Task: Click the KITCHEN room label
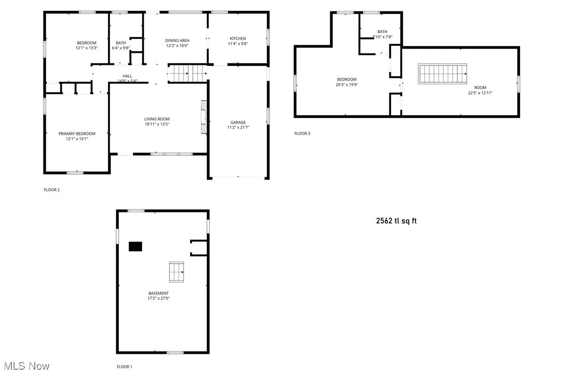(x=238, y=38)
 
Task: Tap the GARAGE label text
(x=238, y=123)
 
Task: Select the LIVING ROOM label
(x=157, y=119)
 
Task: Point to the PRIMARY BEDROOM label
(x=77, y=133)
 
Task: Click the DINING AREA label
(x=177, y=41)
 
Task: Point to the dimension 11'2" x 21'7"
(x=238, y=127)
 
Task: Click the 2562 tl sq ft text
(x=397, y=221)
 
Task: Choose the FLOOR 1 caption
(x=124, y=367)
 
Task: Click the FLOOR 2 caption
(x=52, y=190)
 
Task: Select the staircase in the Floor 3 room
(x=443, y=74)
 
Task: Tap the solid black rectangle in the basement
(x=136, y=247)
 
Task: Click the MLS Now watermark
(x=25, y=366)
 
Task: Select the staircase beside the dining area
(x=187, y=74)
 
